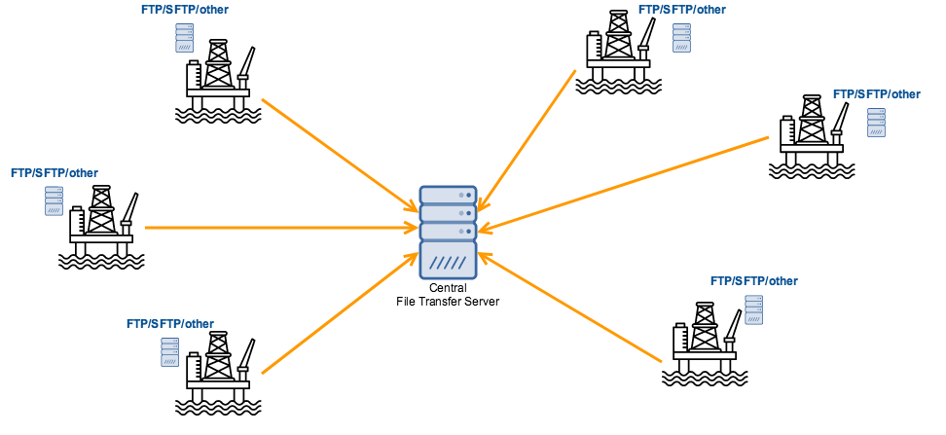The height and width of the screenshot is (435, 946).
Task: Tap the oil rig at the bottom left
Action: (219, 375)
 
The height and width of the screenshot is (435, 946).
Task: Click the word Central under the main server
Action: (448, 288)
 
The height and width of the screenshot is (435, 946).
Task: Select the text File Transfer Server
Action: (448, 302)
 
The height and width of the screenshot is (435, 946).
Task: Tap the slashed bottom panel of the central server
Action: (448, 261)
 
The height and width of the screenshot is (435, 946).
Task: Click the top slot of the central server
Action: (448, 195)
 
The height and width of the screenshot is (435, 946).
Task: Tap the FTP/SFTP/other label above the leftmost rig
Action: (55, 173)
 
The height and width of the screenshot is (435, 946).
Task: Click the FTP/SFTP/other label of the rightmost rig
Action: (876, 94)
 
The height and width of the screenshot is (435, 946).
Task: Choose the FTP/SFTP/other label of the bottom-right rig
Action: (754, 281)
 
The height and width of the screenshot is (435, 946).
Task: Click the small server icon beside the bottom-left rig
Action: (170, 352)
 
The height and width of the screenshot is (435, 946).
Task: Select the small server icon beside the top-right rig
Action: (681, 36)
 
